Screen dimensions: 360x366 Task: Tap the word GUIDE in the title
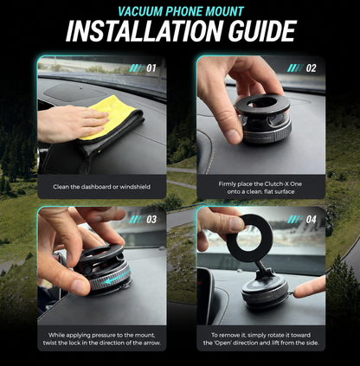tap(262, 31)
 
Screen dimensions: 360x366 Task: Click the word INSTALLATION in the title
tap(145, 31)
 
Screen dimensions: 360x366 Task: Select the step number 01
tap(151, 68)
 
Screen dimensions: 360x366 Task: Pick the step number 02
tap(311, 68)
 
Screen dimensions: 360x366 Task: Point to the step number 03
tap(151, 220)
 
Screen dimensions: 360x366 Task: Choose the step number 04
tap(311, 220)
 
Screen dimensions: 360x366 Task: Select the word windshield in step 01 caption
tap(135, 187)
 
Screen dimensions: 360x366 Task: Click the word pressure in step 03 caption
tap(102, 335)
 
